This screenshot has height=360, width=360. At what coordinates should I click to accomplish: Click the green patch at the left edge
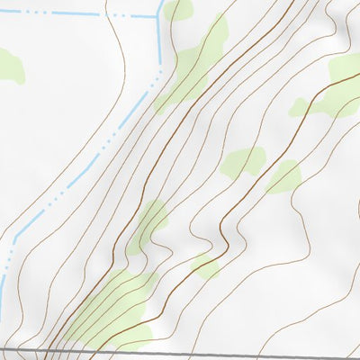tap(9, 65)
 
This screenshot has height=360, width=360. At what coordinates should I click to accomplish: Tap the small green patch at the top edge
tap(178, 10)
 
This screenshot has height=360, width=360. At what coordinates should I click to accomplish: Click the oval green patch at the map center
tap(243, 162)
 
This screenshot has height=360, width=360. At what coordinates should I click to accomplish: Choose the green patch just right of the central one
tap(284, 176)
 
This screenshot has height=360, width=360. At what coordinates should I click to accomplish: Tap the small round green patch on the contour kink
tap(205, 266)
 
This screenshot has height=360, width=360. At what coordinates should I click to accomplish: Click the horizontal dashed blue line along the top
tap(72, 14)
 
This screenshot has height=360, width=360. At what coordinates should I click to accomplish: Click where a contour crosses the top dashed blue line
tap(109, 15)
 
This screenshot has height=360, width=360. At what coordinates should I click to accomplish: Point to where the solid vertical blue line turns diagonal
tap(160, 67)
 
